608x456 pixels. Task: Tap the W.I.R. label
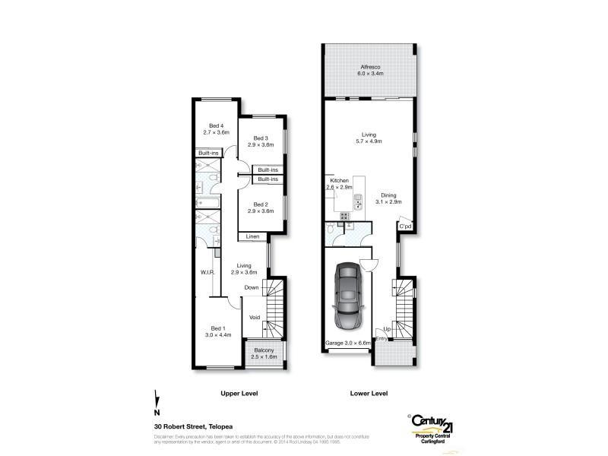(209, 273)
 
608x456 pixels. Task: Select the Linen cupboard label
(252, 237)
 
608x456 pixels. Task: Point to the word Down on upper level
(252, 287)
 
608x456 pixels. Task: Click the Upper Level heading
(239, 394)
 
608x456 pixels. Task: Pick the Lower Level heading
(369, 394)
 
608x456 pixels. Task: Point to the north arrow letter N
(157, 413)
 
